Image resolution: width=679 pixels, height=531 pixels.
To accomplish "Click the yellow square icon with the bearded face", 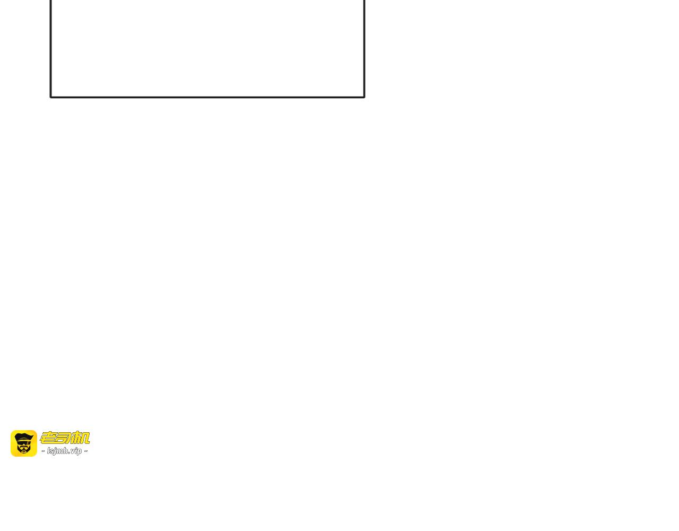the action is pyautogui.click(x=24, y=443).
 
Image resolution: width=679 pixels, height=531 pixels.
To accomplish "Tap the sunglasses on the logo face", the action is pyautogui.click(x=24, y=442).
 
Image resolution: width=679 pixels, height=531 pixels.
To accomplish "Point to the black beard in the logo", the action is pyautogui.click(x=24, y=449).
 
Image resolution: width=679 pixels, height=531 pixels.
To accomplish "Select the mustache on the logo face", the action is pyautogui.click(x=24, y=447).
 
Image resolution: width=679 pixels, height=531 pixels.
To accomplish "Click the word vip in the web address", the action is pyautogui.click(x=76, y=451).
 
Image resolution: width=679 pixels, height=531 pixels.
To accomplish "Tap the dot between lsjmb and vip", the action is pyautogui.click(x=69, y=453).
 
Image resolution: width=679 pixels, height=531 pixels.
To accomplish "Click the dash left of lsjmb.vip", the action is pyautogui.click(x=43, y=451).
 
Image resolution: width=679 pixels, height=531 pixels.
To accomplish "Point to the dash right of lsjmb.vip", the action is pyautogui.click(x=86, y=451).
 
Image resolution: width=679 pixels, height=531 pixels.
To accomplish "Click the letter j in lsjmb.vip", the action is pyautogui.click(x=53, y=451).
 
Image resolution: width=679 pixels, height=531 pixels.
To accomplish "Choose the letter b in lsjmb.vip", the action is pyautogui.click(x=66, y=451).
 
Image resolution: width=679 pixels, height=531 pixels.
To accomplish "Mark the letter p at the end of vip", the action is pyautogui.click(x=80, y=451).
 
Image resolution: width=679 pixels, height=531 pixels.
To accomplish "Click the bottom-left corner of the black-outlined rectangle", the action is pyautogui.click(x=51, y=97).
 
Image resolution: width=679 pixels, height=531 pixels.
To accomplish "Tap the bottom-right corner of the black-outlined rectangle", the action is pyautogui.click(x=364, y=97).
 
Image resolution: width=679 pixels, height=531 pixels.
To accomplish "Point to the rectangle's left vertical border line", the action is pyautogui.click(x=51, y=48).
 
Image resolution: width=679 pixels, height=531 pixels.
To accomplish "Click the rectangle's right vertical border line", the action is pyautogui.click(x=364, y=48).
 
